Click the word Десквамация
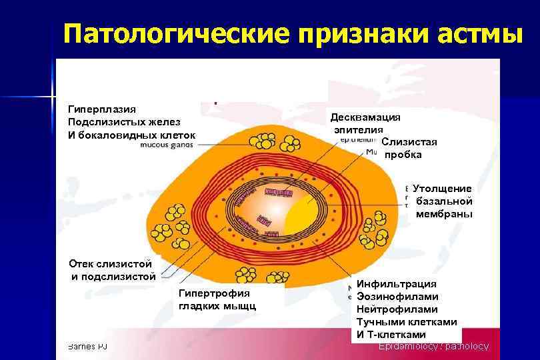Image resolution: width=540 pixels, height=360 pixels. click(x=365, y=117)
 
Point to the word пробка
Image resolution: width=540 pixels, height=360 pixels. click(x=403, y=155)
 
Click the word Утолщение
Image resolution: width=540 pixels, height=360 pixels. click(x=442, y=189)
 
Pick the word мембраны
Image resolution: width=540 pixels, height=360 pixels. click(x=444, y=214)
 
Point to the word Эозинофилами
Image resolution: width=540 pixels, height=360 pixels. click(x=397, y=297)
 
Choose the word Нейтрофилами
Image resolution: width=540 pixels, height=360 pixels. click(x=397, y=309)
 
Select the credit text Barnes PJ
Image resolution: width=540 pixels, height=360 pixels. click(x=87, y=347)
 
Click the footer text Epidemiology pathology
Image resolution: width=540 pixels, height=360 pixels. click(x=433, y=347)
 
